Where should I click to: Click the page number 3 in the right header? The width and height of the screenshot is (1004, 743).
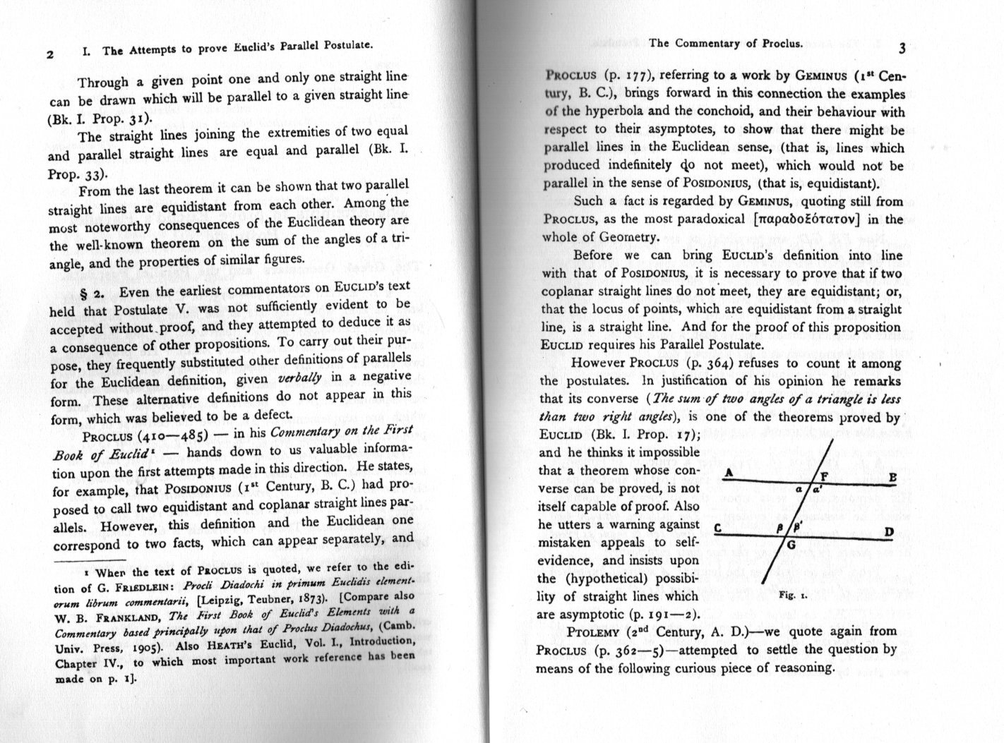click(x=902, y=49)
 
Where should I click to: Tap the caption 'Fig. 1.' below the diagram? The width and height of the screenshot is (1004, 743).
click(x=788, y=595)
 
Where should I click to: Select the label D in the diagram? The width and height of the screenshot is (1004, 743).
click(x=890, y=531)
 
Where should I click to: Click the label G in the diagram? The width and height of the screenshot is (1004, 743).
click(x=791, y=544)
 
